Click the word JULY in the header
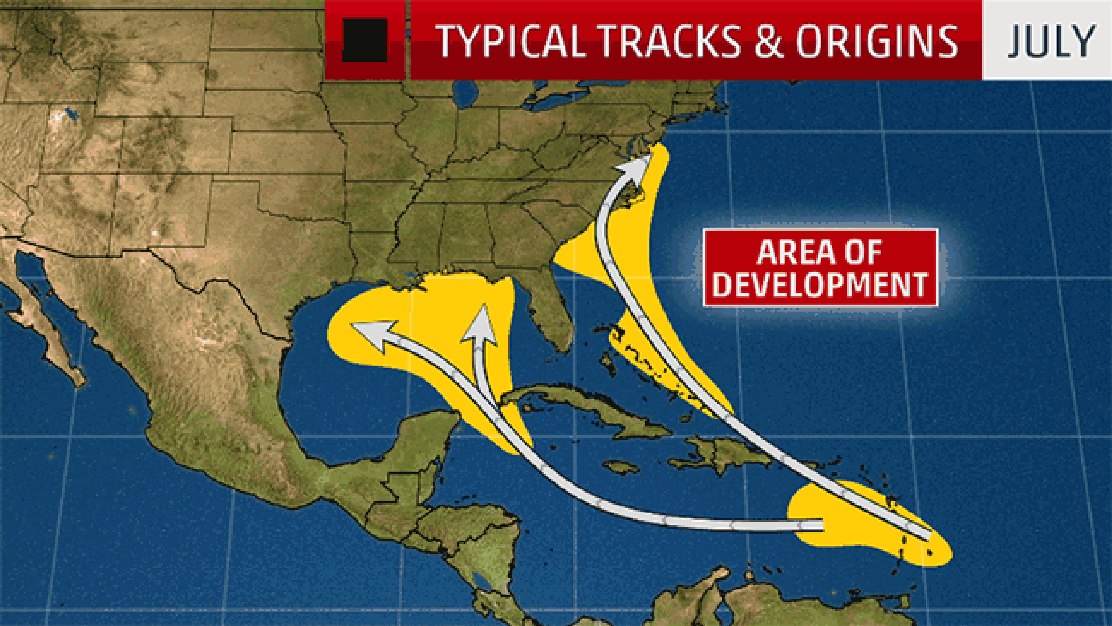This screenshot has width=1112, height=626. [1051, 41]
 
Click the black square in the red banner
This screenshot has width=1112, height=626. [365, 40]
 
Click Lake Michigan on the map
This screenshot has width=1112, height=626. [466, 95]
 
